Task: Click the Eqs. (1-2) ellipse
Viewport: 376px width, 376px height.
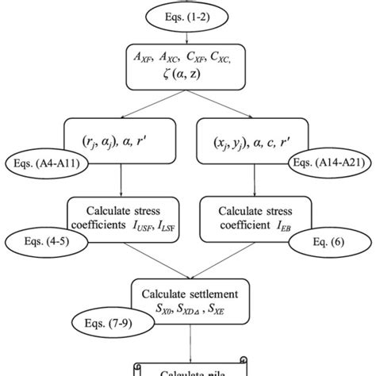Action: click(188, 13)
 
